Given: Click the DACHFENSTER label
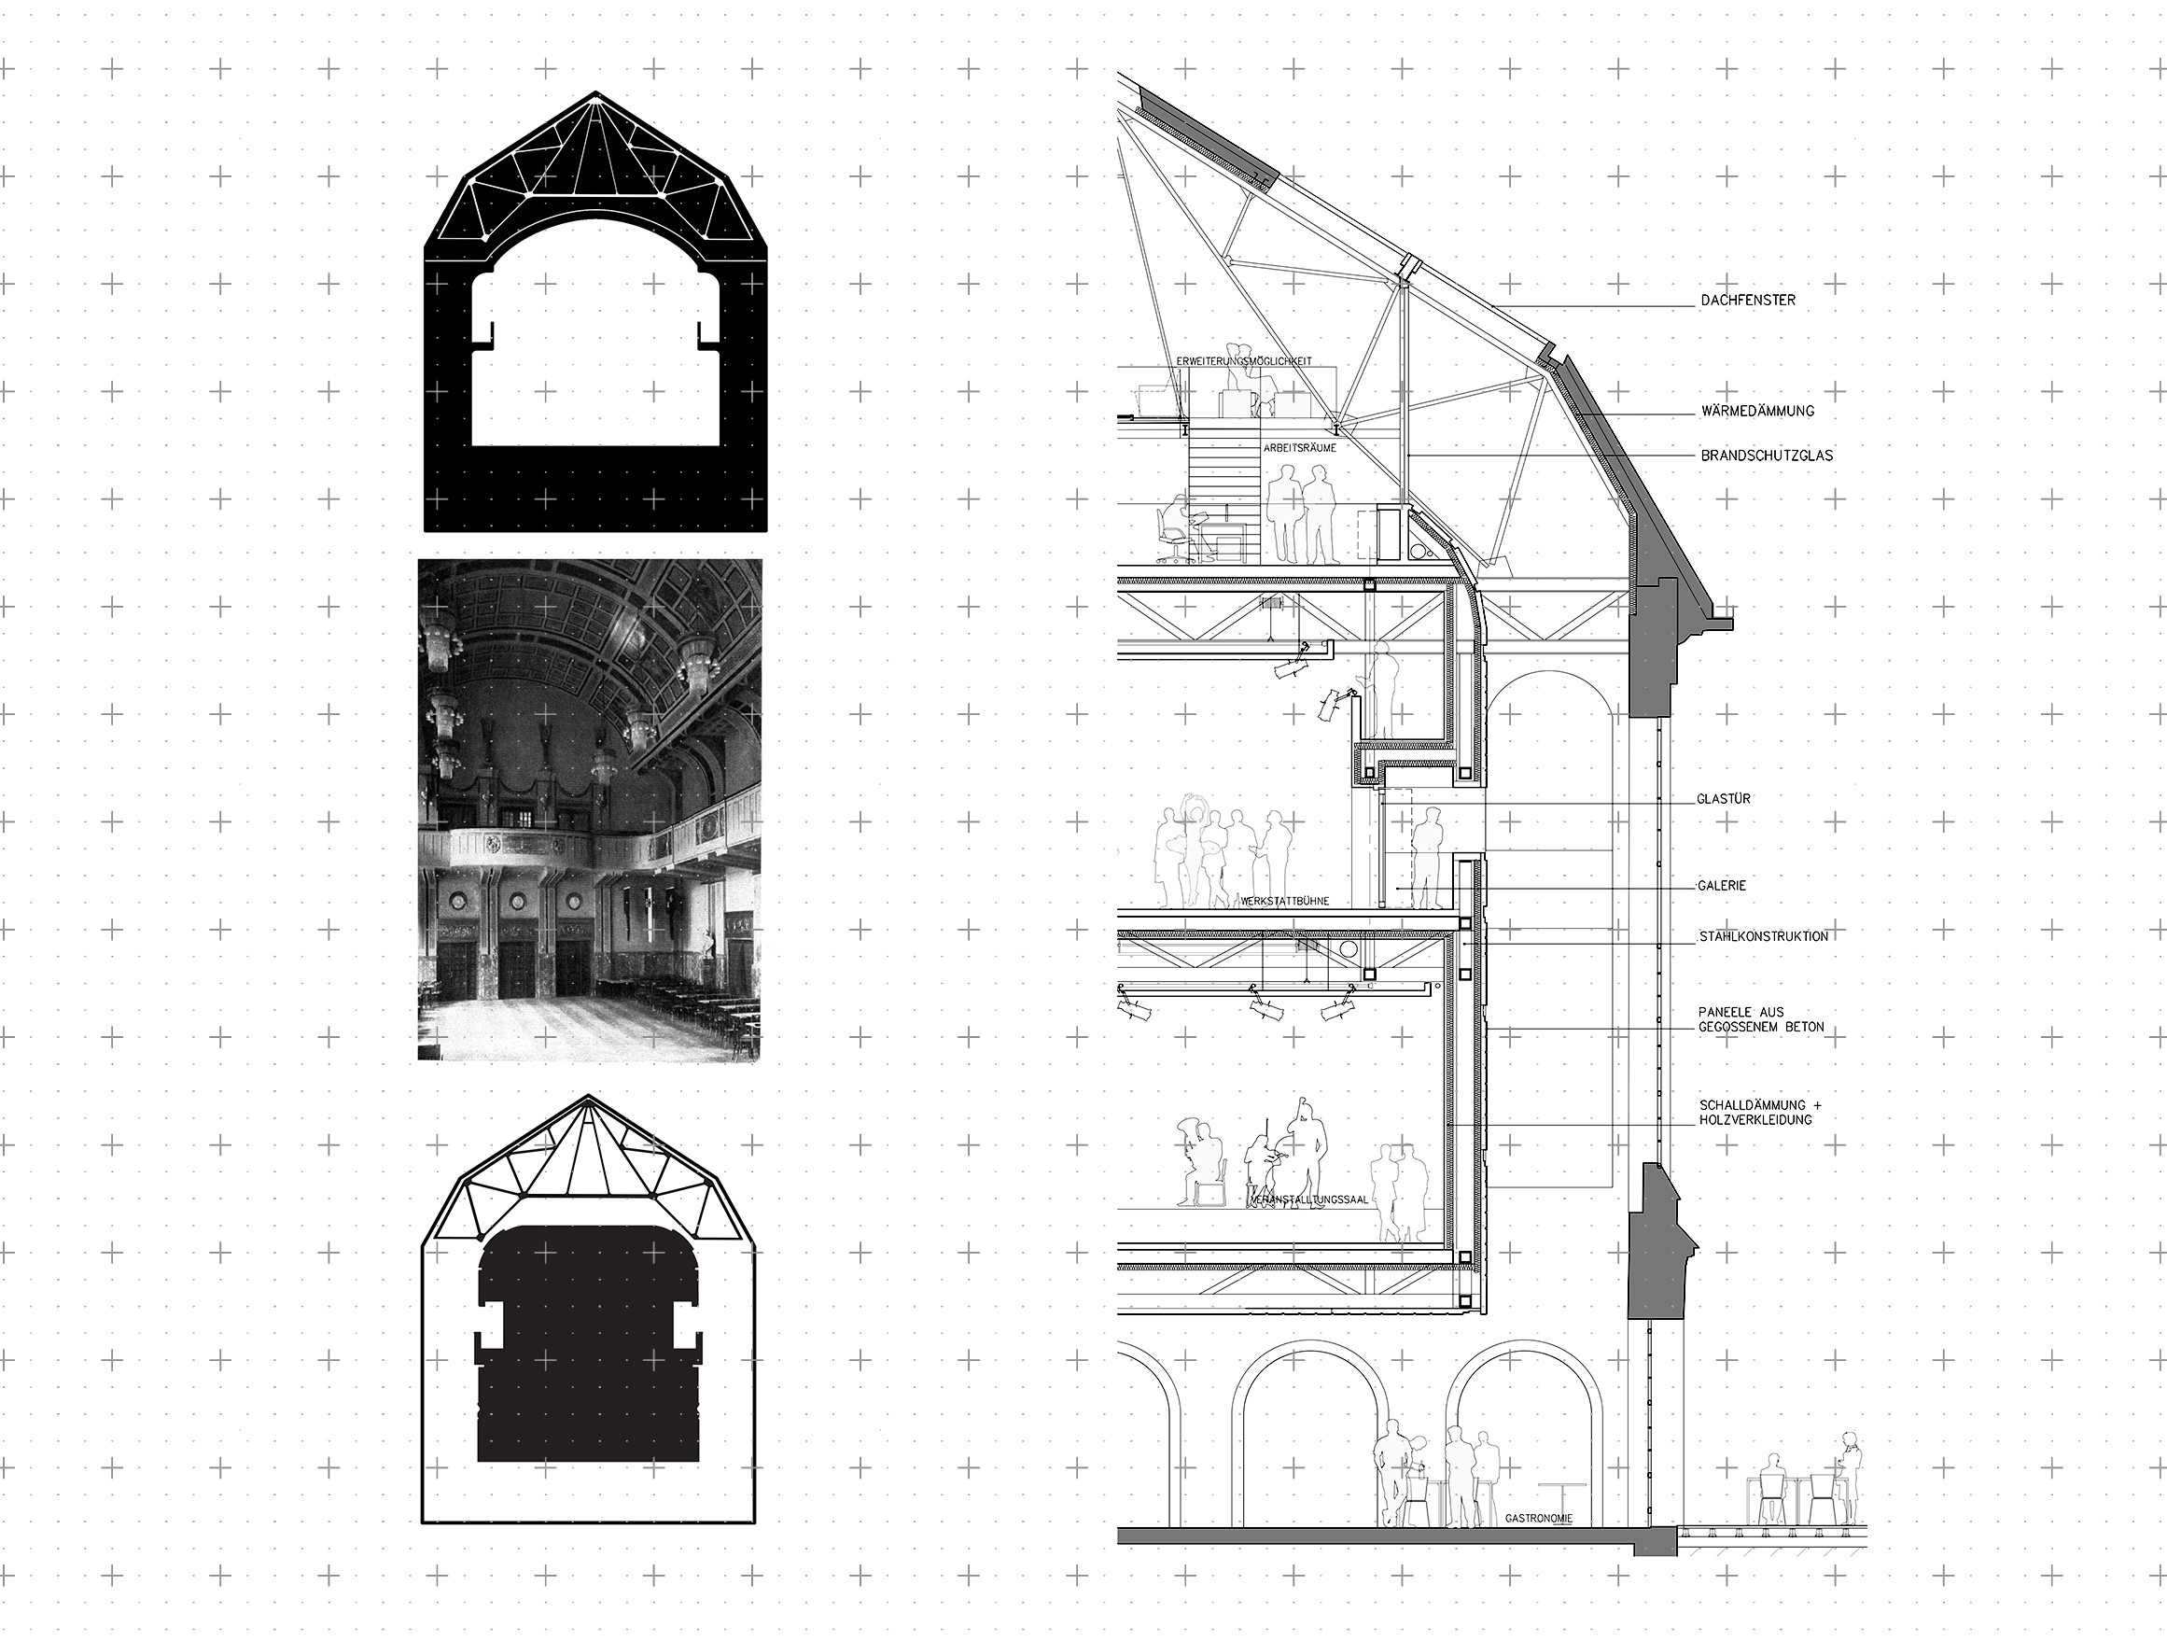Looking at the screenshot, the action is coord(1748,300).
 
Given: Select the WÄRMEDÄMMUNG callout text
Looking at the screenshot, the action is coord(1756,412).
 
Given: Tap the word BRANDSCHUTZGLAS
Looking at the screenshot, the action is coord(1767,456).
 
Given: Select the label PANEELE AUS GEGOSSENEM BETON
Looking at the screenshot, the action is coord(1761,1019).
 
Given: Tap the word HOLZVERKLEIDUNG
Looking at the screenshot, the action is coord(1755,1120).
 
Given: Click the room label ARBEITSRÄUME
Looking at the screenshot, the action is coord(1300,448).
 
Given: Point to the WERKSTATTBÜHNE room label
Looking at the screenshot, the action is coord(1284,902).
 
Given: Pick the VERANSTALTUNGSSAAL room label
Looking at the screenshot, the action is coord(1307,1199).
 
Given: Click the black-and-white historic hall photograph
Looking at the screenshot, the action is coord(590,810).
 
